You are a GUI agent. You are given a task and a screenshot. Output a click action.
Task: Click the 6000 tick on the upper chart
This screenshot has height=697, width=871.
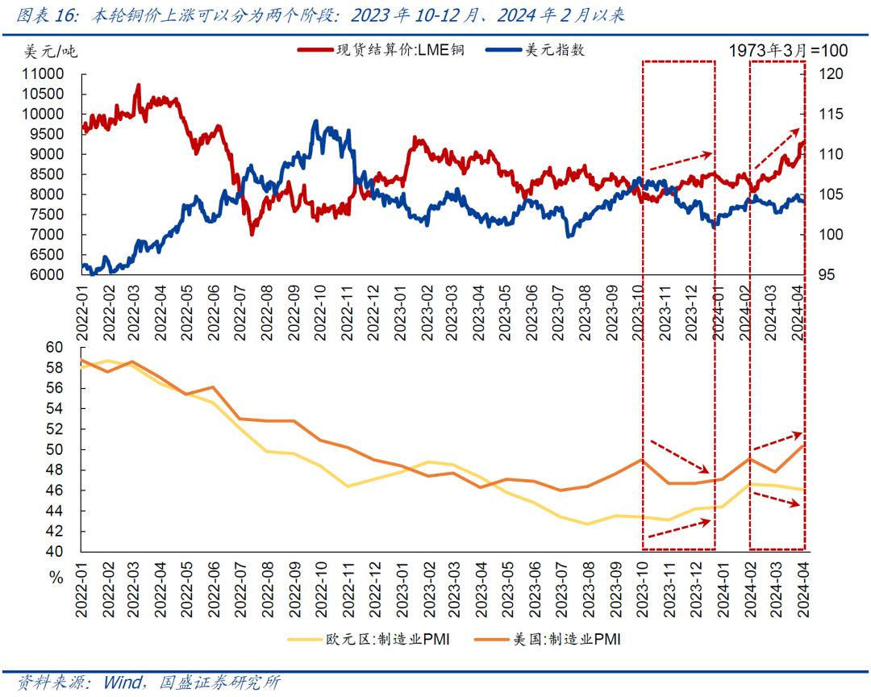click(x=47, y=275)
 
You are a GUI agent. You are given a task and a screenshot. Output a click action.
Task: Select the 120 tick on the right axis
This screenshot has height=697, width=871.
click(x=831, y=73)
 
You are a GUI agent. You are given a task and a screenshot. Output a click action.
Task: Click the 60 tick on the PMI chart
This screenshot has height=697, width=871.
click(x=54, y=348)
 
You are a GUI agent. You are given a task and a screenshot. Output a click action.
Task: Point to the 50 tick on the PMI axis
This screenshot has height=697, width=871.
click(x=54, y=449)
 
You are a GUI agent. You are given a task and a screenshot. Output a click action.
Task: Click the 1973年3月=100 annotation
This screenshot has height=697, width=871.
click(x=788, y=51)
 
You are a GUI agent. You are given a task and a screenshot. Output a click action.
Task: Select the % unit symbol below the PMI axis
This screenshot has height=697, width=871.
click(x=55, y=578)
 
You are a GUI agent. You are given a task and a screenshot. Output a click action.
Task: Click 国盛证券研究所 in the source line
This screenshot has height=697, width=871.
click(x=219, y=682)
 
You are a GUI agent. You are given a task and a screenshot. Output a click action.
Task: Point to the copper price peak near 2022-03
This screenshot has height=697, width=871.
click(x=138, y=85)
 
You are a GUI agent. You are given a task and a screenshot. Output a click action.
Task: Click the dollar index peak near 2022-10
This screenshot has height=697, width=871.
click(x=315, y=122)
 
